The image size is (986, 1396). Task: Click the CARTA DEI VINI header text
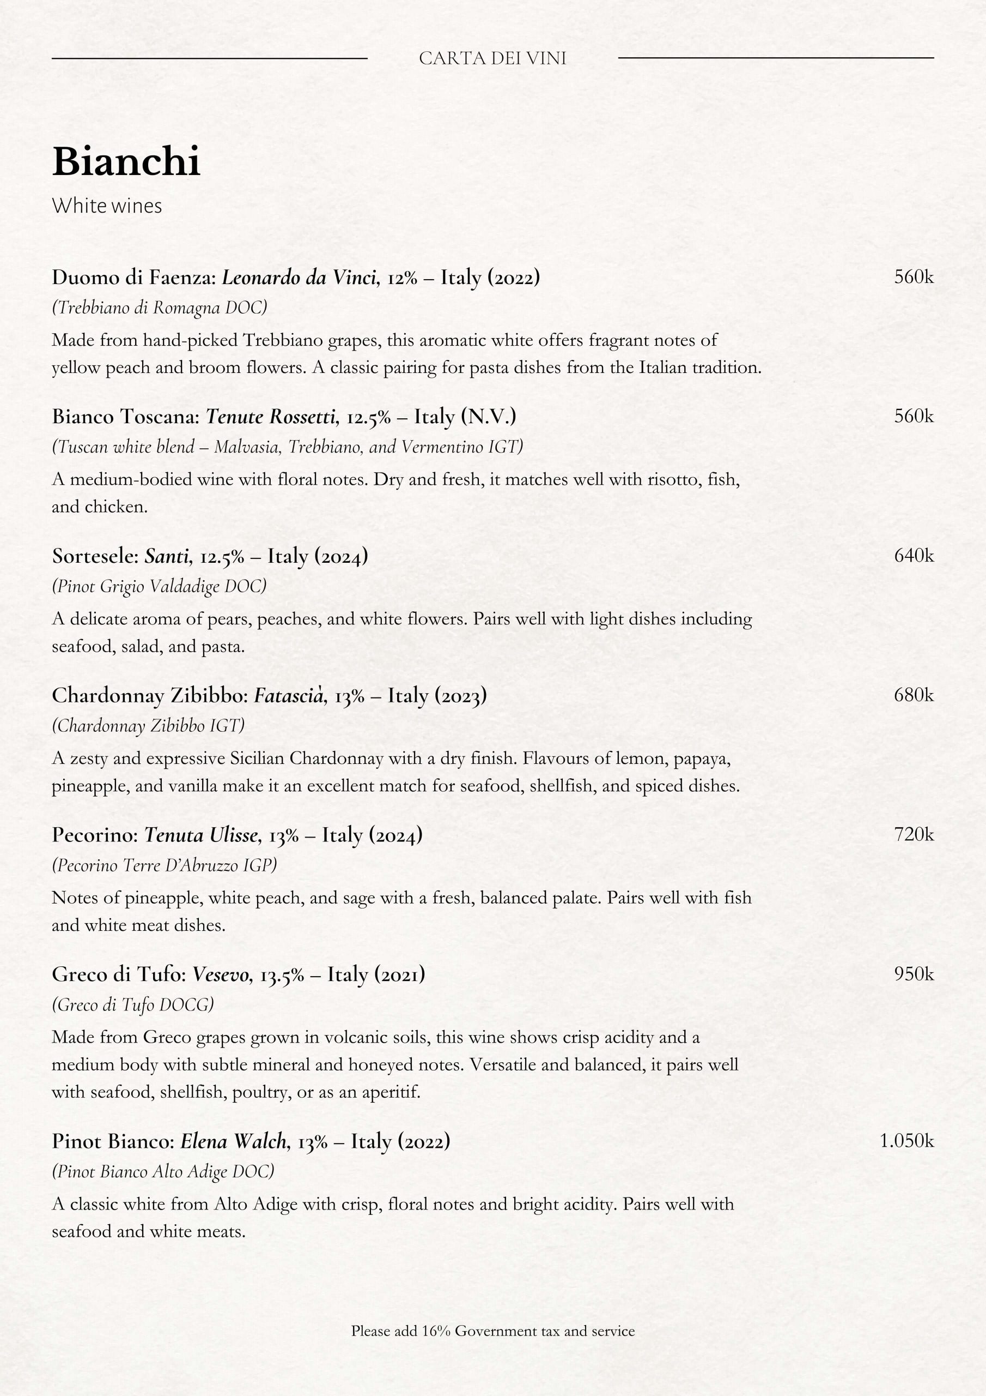pyautogui.click(x=492, y=58)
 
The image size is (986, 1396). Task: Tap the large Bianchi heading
pyautogui.click(x=126, y=162)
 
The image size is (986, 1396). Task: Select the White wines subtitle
pyautogui.click(x=107, y=206)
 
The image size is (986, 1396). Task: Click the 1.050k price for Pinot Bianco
pyautogui.click(x=906, y=1141)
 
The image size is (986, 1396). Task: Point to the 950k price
pyautogui.click(x=914, y=974)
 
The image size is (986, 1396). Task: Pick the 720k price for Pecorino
pyautogui.click(x=914, y=834)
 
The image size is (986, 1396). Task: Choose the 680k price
pyautogui.click(x=914, y=695)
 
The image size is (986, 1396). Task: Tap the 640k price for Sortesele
pyautogui.click(x=914, y=555)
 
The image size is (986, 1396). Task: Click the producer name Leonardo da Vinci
pyautogui.click(x=299, y=278)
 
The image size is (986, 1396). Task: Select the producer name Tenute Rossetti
pyautogui.click(x=270, y=417)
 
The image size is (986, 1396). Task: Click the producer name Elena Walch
pyautogui.click(x=233, y=1141)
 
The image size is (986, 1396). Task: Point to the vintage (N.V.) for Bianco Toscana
pyautogui.click(x=489, y=417)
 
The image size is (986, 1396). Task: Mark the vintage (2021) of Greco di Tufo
pyautogui.click(x=399, y=974)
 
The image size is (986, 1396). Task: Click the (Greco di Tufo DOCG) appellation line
pyautogui.click(x=133, y=1004)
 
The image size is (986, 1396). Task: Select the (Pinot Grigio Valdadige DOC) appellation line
pyautogui.click(x=159, y=586)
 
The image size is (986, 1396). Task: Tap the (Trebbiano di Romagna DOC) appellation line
pyautogui.click(x=159, y=308)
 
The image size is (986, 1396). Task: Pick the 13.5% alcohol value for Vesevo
pyautogui.click(x=282, y=975)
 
